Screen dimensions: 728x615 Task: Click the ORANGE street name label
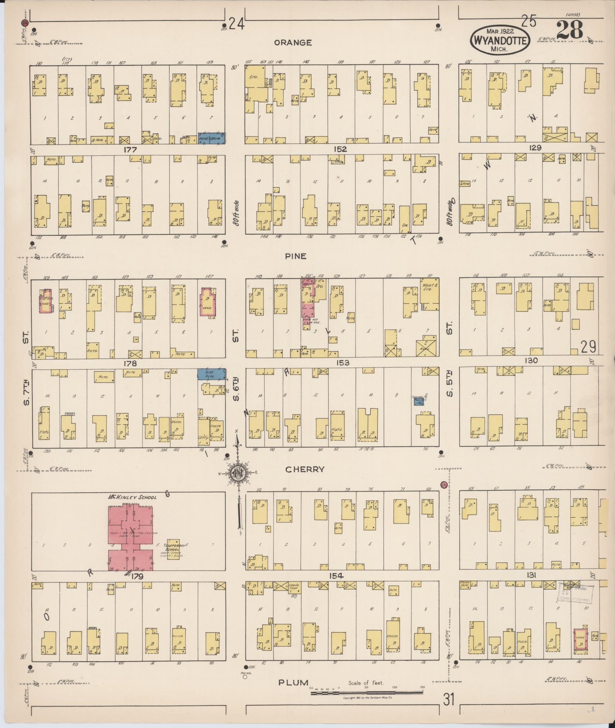pos(293,43)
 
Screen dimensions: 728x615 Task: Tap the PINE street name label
pos(296,256)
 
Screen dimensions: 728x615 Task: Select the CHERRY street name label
pos(305,469)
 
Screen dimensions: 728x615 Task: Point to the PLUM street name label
pos(294,683)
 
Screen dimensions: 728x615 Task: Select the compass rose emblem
pos(238,474)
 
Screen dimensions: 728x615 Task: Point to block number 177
pos(130,150)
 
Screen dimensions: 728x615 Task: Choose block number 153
pos(342,363)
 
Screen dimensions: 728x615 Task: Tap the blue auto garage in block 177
pos(212,138)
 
